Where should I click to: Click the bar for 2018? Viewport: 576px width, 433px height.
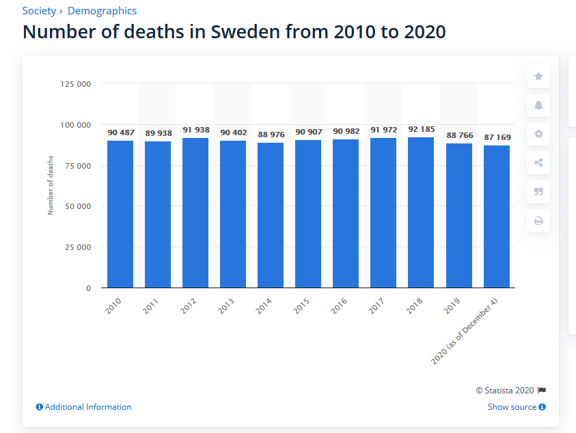click(420, 212)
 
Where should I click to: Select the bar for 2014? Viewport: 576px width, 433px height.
click(270, 215)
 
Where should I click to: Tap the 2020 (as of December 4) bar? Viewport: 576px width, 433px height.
click(496, 216)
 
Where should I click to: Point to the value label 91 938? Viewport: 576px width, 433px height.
click(195, 129)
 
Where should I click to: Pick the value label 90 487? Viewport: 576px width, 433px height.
click(120, 132)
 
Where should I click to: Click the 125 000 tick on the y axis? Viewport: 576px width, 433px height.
click(75, 84)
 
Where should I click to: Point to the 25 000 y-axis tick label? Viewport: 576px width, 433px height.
click(78, 247)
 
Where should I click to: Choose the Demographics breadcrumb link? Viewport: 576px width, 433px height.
click(106, 11)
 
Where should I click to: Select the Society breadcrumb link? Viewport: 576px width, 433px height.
click(38, 11)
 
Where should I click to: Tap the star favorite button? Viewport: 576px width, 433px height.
click(538, 76)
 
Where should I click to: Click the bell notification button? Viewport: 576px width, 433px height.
click(538, 105)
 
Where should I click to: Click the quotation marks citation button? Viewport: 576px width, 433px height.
click(538, 191)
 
